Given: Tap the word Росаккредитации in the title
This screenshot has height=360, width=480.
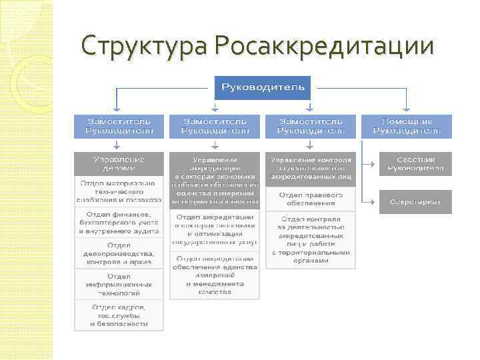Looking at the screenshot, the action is [325, 46].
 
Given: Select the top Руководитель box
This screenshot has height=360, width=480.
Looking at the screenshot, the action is [262, 87].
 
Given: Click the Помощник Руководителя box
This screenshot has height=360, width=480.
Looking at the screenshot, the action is [407, 126].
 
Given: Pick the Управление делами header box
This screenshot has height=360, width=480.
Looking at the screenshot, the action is [118, 164].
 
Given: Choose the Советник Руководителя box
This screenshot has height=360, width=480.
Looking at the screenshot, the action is [415, 164].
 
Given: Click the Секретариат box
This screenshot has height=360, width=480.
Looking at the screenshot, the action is [415, 201].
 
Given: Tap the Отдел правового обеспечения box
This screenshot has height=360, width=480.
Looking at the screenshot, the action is [311, 199].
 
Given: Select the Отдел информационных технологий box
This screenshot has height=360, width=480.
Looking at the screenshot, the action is [118, 284].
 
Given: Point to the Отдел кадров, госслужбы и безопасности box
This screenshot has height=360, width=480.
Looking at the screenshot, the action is [118, 315].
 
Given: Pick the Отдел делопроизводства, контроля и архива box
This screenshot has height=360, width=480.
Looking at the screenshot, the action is [118, 253].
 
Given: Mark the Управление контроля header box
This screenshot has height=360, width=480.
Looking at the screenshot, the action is [311, 169].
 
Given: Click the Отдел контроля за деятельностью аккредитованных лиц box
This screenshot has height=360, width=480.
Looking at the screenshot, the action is [311, 239].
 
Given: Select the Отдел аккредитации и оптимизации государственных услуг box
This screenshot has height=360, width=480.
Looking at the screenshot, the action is [214, 231].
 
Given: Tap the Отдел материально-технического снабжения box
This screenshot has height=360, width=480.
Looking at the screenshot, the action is [118, 191].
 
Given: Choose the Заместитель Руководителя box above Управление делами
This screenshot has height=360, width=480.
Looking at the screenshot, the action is [118, 126].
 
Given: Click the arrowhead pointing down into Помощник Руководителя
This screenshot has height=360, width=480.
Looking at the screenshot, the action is [407, 111].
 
